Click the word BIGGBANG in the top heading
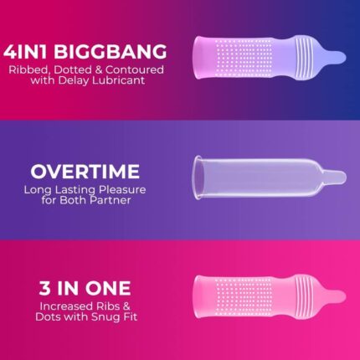(111, 52)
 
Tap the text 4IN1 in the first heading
(25, 52)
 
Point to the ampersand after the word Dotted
(99, 69)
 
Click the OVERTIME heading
(85, 172)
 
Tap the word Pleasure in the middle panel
(122, 190)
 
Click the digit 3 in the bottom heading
(44, 288)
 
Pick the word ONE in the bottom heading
(108, 288)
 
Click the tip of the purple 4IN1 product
(345, 57)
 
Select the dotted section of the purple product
(244, 58)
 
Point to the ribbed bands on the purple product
(303, 58)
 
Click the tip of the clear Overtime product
(345, 177)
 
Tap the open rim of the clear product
(197, 177)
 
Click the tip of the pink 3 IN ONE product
(345, 296)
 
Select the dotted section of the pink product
(244, 296)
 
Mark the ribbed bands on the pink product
(303, 296)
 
